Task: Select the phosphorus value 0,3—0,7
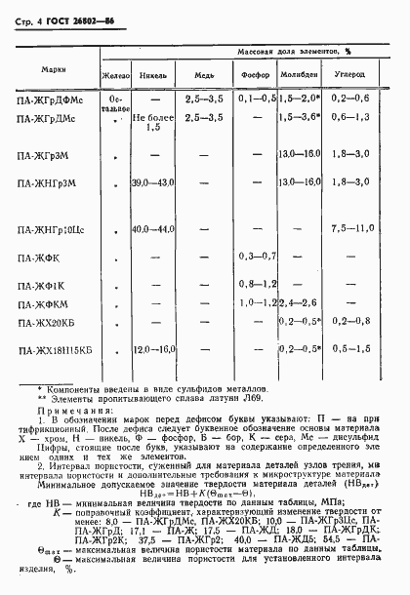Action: pos(257,257)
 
